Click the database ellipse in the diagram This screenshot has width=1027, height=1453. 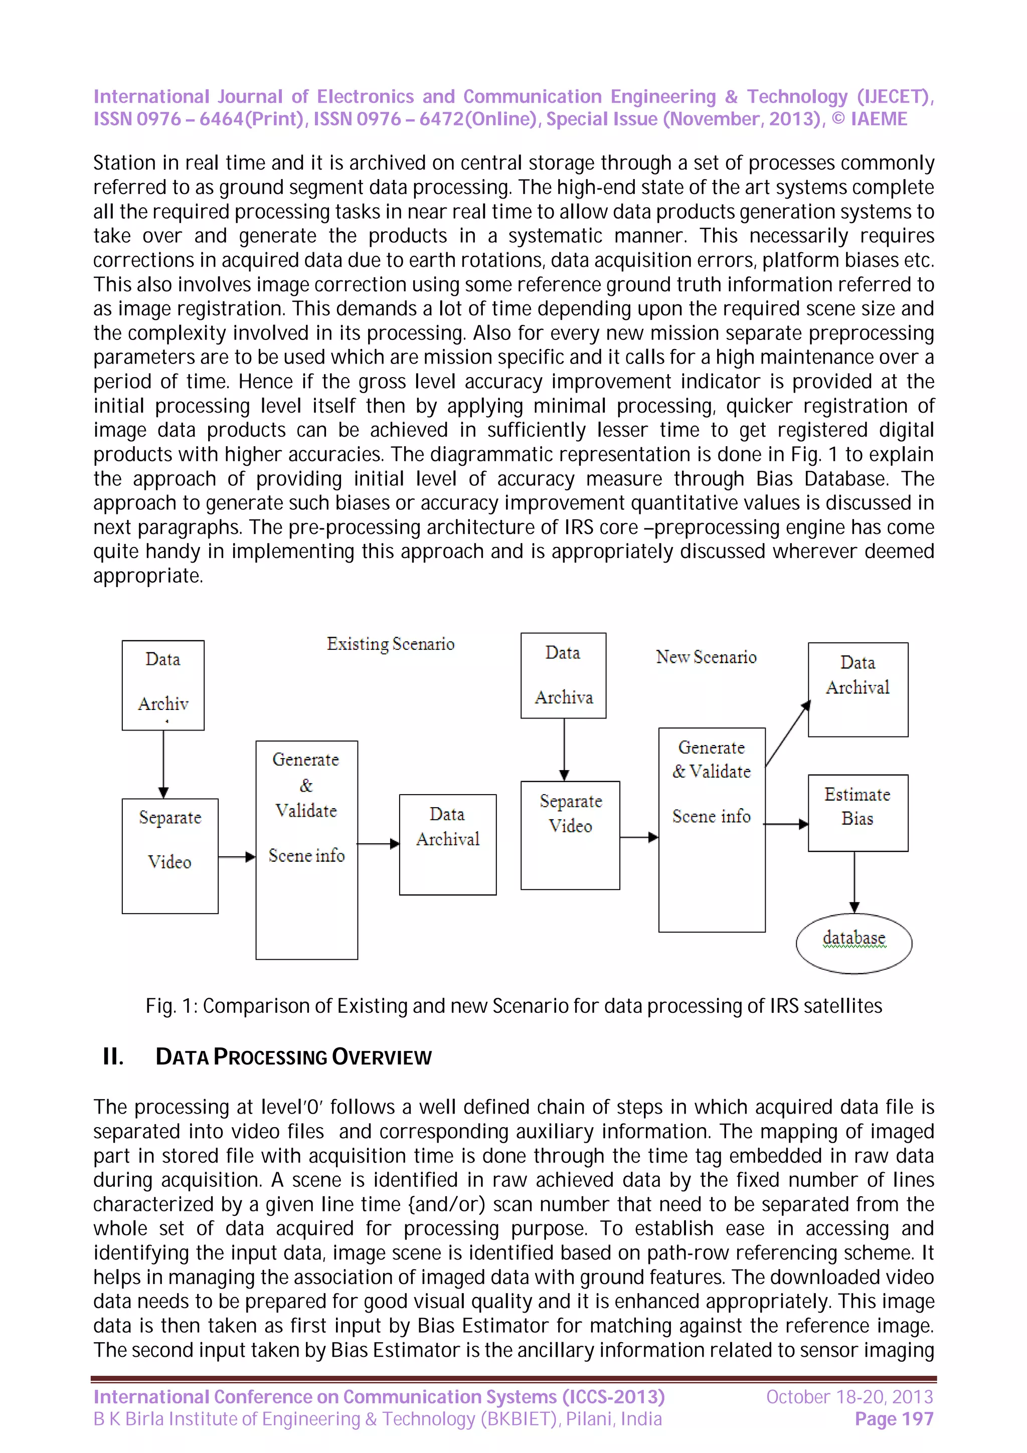(x=853, y=943)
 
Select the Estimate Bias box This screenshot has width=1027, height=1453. (x=858, y=813)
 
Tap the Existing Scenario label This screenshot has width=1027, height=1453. (x=391, y=644)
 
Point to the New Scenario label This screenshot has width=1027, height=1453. (x=706, y=657)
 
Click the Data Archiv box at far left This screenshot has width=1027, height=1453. (x=163, y=685)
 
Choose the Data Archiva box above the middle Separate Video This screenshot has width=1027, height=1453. (x=563, y=675)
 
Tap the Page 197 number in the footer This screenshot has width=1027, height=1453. (x=894, y=1419)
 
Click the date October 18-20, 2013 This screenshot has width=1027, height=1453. (x=849, y=1397)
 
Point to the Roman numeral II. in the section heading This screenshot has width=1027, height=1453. (x=113, y=1056)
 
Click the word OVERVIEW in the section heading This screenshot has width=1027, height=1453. (x=382, y=1057)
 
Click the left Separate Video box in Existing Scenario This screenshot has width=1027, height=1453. (x=169, y=855)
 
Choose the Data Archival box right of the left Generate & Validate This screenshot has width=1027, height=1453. (x=447, y=844)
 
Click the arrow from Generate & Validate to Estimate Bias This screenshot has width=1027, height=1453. (x=786, y=824)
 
